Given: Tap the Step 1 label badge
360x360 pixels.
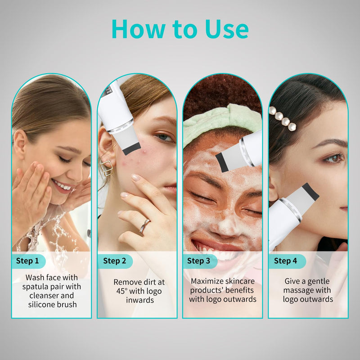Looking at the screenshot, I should click(27, 261).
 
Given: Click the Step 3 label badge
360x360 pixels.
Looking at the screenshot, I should click(198, 261).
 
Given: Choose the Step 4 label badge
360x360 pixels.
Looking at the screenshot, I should click(286, 261).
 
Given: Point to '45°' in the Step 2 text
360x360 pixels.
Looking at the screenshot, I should click(124, 291).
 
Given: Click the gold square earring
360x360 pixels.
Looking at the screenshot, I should click(107, 167).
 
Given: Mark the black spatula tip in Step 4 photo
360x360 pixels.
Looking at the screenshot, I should click(310, 191).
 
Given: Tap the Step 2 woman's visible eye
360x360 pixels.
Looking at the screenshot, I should click(164, 137).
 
